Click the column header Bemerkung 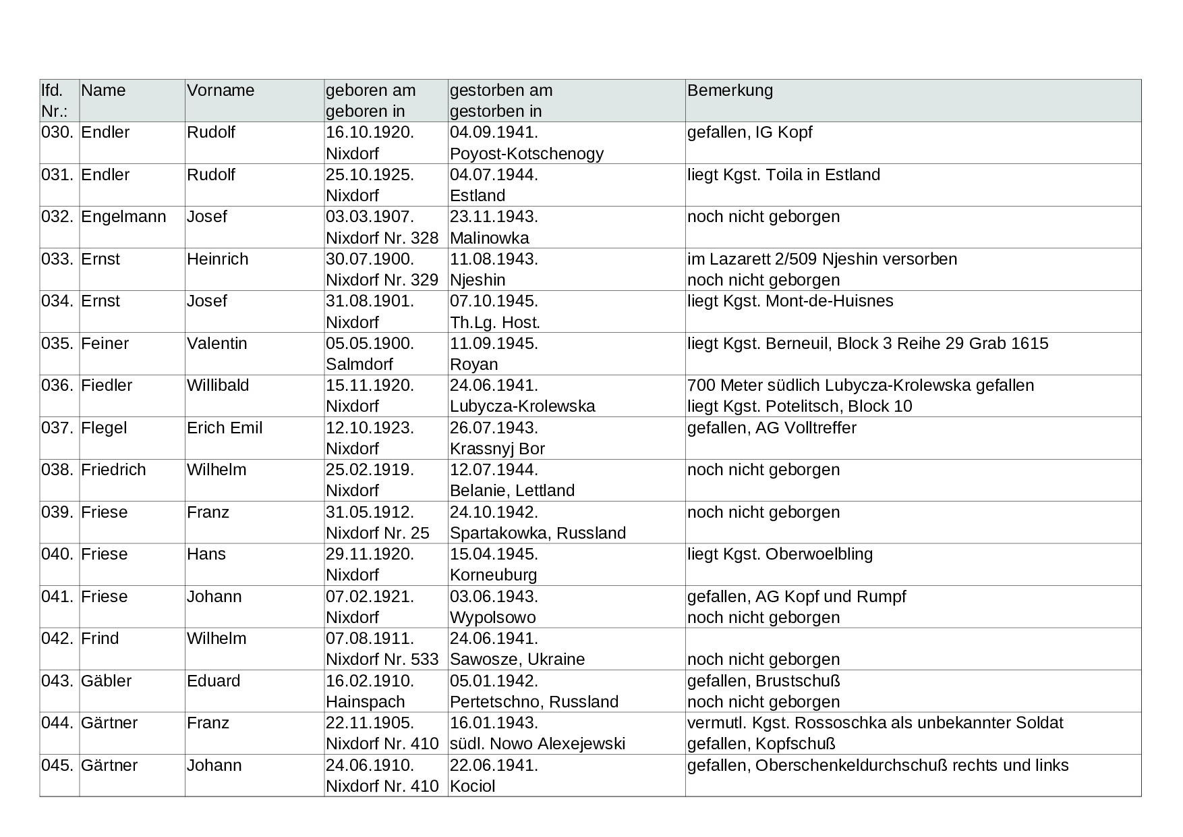click(x=730, y=90)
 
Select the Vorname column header click(x=221, y=90)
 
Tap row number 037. click(x=57, y=428)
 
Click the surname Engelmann click(x=123, y=217)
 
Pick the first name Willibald click(x=218, y=385)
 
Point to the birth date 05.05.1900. click(x=370, y=344)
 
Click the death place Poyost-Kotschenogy click(x=527, y=154)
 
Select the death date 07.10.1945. click(x=494, y=301)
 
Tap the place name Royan click(x=473, y=364)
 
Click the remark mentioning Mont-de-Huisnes click(x=790, y=301)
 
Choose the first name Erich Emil click(x=225, y=428)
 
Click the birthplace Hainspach click(x=366, y=702)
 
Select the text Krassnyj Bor click(x=497, y=449)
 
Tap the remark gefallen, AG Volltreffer click(x=772, y=428)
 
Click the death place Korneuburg click(x=493, y=575)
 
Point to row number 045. click(x=57, y=765)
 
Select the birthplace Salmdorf click(x=359, y=364)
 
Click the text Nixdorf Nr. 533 click(x=382, y=659)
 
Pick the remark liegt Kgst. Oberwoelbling click(x=780, y=554)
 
